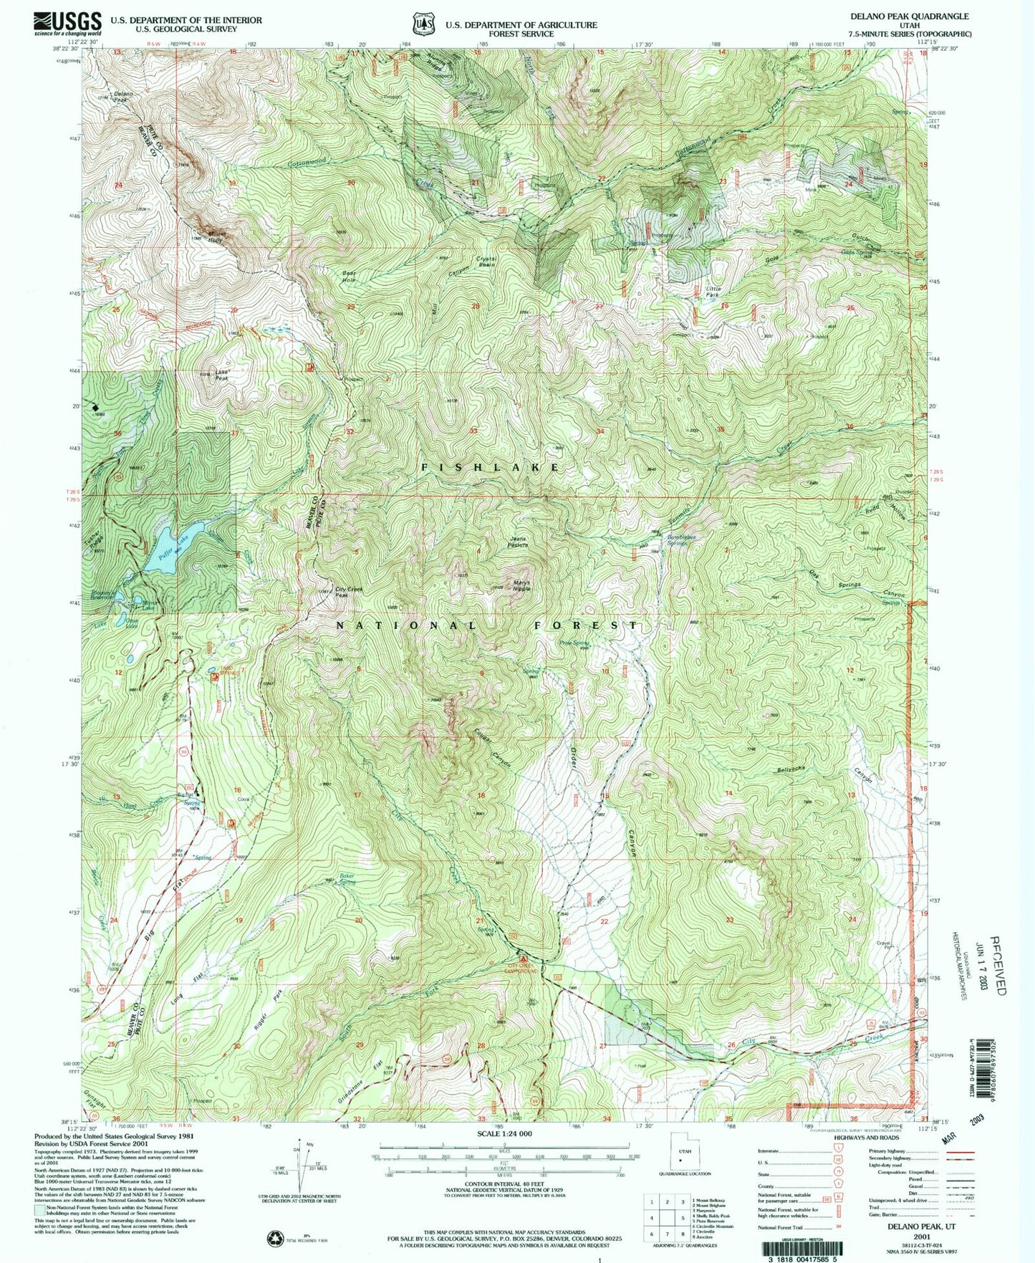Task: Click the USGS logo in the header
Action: coord(68,24)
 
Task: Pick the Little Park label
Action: coord(713,292)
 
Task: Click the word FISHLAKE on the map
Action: coord(490,467)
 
